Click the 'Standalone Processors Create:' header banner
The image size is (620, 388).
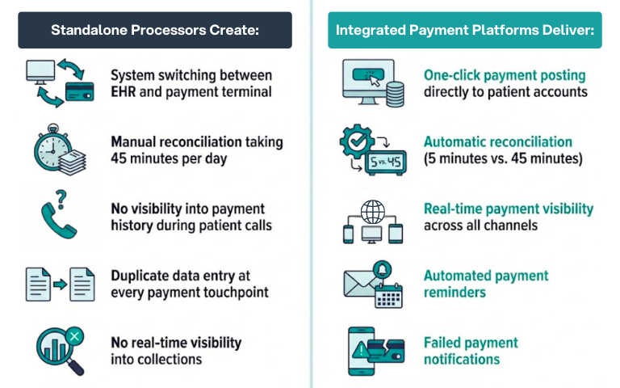[155, 30]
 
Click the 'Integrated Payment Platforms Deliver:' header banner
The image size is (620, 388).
[464, 30]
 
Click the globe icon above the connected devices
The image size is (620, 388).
[373, 212]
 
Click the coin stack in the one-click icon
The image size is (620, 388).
[395, 95]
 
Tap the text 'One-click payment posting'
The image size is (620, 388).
[505, 74]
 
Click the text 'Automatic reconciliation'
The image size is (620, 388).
[498, 141]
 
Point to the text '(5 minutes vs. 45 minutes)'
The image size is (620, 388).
[502, 158]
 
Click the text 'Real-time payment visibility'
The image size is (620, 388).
[508, 209]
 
